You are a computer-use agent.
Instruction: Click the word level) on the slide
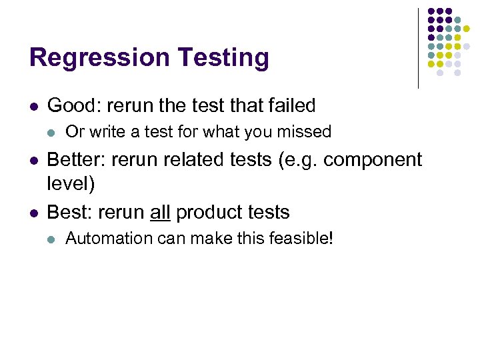click(71, 182)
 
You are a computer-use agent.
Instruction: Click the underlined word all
click(160, 213)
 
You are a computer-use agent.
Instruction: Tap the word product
click(208, 213)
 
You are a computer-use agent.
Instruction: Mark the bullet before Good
click(33, 106)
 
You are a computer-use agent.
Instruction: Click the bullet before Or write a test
click(52, 133)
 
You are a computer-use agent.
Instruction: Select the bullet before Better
click(33, 161)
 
